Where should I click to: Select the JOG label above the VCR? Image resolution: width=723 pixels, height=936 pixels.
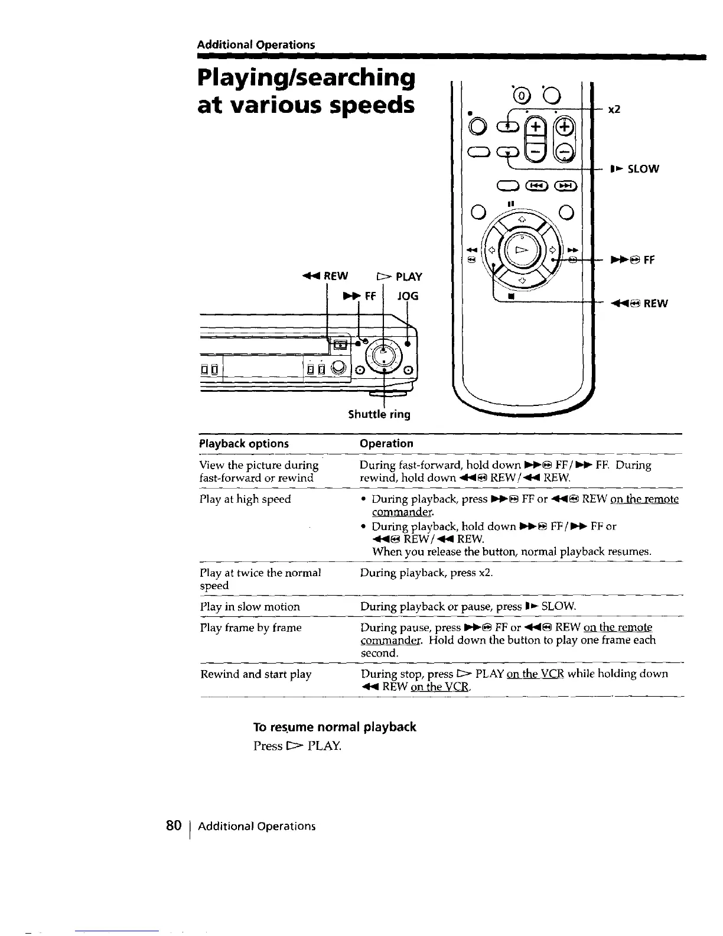point(407,295)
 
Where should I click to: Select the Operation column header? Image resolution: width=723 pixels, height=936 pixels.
point(387,443)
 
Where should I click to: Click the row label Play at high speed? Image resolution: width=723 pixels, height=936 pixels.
point(245,499)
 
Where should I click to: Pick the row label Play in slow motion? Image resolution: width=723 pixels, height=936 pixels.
point(250,606)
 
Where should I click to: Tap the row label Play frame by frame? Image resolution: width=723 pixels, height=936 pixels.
point(250,628)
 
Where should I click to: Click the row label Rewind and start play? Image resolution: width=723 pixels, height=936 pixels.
point(256,674)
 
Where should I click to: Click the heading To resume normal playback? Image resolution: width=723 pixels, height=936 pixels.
point(334,727)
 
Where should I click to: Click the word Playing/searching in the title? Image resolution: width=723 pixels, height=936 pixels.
point(305,77)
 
